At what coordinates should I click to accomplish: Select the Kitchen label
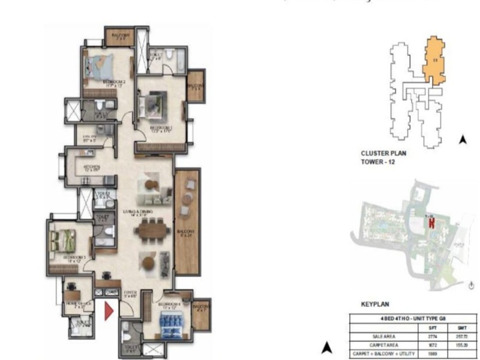91,167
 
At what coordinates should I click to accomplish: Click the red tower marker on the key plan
431,223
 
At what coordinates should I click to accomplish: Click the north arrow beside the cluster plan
463,140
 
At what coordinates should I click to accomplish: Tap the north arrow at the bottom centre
326,347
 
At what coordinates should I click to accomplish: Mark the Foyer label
130,294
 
